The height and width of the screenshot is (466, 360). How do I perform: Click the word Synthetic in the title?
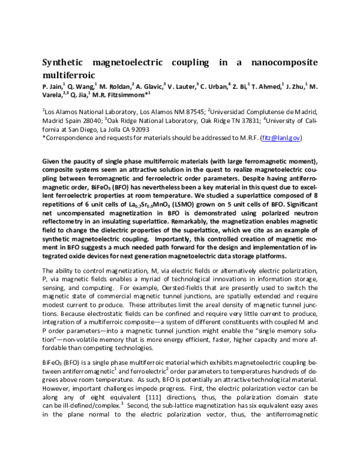click(x=65, y=63)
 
